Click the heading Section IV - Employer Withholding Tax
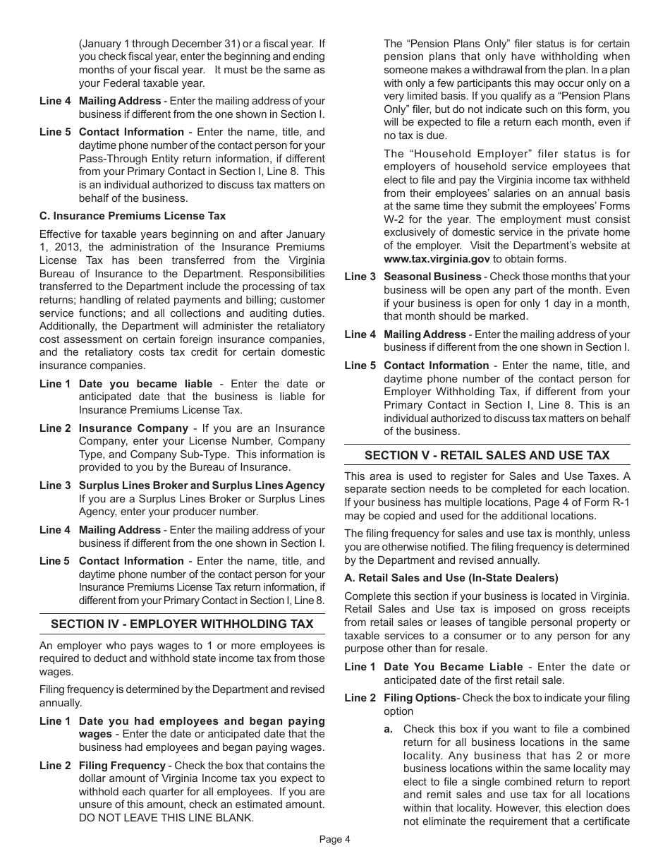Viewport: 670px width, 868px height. [182, 624]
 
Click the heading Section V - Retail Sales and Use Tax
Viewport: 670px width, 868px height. [487, 455]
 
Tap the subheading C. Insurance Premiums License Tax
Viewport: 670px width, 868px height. [133, 215]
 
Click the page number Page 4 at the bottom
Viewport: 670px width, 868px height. [334, 839]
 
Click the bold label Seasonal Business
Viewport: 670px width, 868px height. [432, 277]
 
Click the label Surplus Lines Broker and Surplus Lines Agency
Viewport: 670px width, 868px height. [202, 486]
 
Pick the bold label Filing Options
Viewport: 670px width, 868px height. [420, 698]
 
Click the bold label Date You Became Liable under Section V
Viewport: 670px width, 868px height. [453, 667]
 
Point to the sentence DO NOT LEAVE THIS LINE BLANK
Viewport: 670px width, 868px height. [166, 818]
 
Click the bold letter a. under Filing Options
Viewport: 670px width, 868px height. [388, 729]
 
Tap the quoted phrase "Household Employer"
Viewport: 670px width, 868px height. [471, 154]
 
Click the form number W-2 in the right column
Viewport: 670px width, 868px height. [396, 219]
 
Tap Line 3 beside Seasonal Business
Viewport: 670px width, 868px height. [360, 277]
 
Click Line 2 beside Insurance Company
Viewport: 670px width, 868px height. [55, 428]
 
